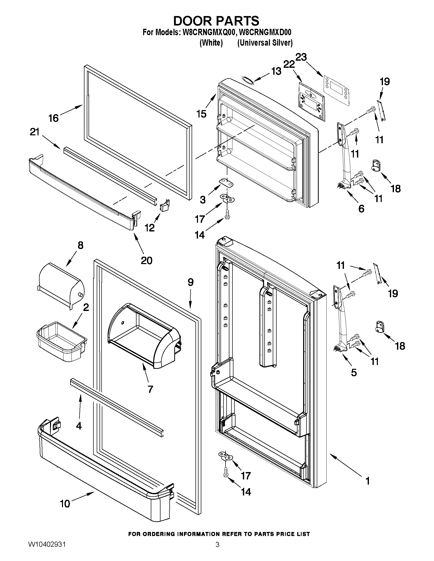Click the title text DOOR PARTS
pyautogui.click(x=216, y=21)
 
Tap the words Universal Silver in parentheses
pyautogui.click(x=265, y=43)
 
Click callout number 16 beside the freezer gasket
pyautogui.click(x=54, y=118)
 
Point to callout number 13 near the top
pyautogui.click(x=276, y=71)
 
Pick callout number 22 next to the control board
pyautogui.click(x=289, y=64)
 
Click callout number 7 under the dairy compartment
pyautogui.click(x=151, y=389)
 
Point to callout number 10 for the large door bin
pyautogui.click(x=65, y=504)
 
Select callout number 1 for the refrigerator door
pyautogui.click(x=367, y=480)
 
